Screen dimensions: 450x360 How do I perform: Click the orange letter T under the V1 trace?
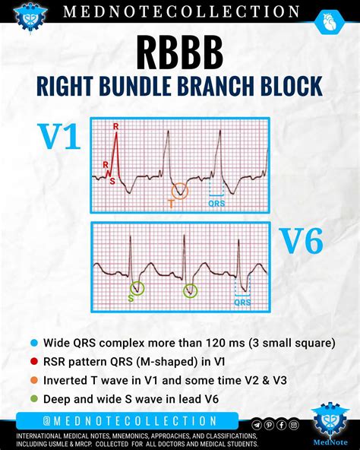[172, 204]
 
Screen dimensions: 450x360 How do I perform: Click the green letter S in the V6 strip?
[130, 298]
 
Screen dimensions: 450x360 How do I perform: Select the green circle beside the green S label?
[137, 288]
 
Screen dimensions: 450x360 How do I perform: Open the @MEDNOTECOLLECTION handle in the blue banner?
[131, 420]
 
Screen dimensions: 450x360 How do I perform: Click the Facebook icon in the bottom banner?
[281, 425]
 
